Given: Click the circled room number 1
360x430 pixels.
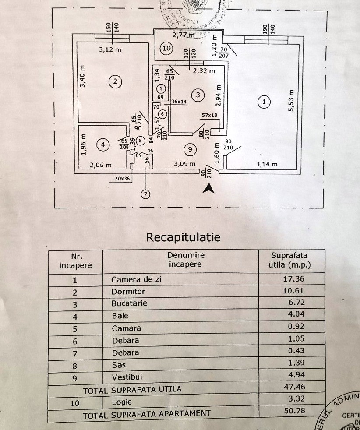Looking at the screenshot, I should coord(264,102).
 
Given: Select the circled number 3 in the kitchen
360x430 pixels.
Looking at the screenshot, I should coord(198,95).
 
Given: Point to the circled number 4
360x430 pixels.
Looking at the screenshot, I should coord(102,145).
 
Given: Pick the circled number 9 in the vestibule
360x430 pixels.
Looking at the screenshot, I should coord(189,150).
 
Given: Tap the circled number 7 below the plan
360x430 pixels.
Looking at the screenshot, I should coord(145,194).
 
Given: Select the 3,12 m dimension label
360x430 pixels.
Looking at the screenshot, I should coord(110,50).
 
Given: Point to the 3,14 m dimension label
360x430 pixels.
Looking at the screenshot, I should coord(267,164).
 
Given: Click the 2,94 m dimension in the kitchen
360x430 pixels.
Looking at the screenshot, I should coord(219,96).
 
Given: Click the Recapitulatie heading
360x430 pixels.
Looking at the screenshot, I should coord(183,237).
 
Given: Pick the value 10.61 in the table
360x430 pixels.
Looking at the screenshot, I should coord(294,291).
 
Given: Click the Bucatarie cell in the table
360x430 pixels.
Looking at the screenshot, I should coord(129,303).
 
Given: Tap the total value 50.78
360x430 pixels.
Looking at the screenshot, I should coord(294,411).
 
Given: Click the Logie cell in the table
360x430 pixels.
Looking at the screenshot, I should coord(121,402).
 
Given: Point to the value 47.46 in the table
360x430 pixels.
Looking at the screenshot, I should coord(294,387).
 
